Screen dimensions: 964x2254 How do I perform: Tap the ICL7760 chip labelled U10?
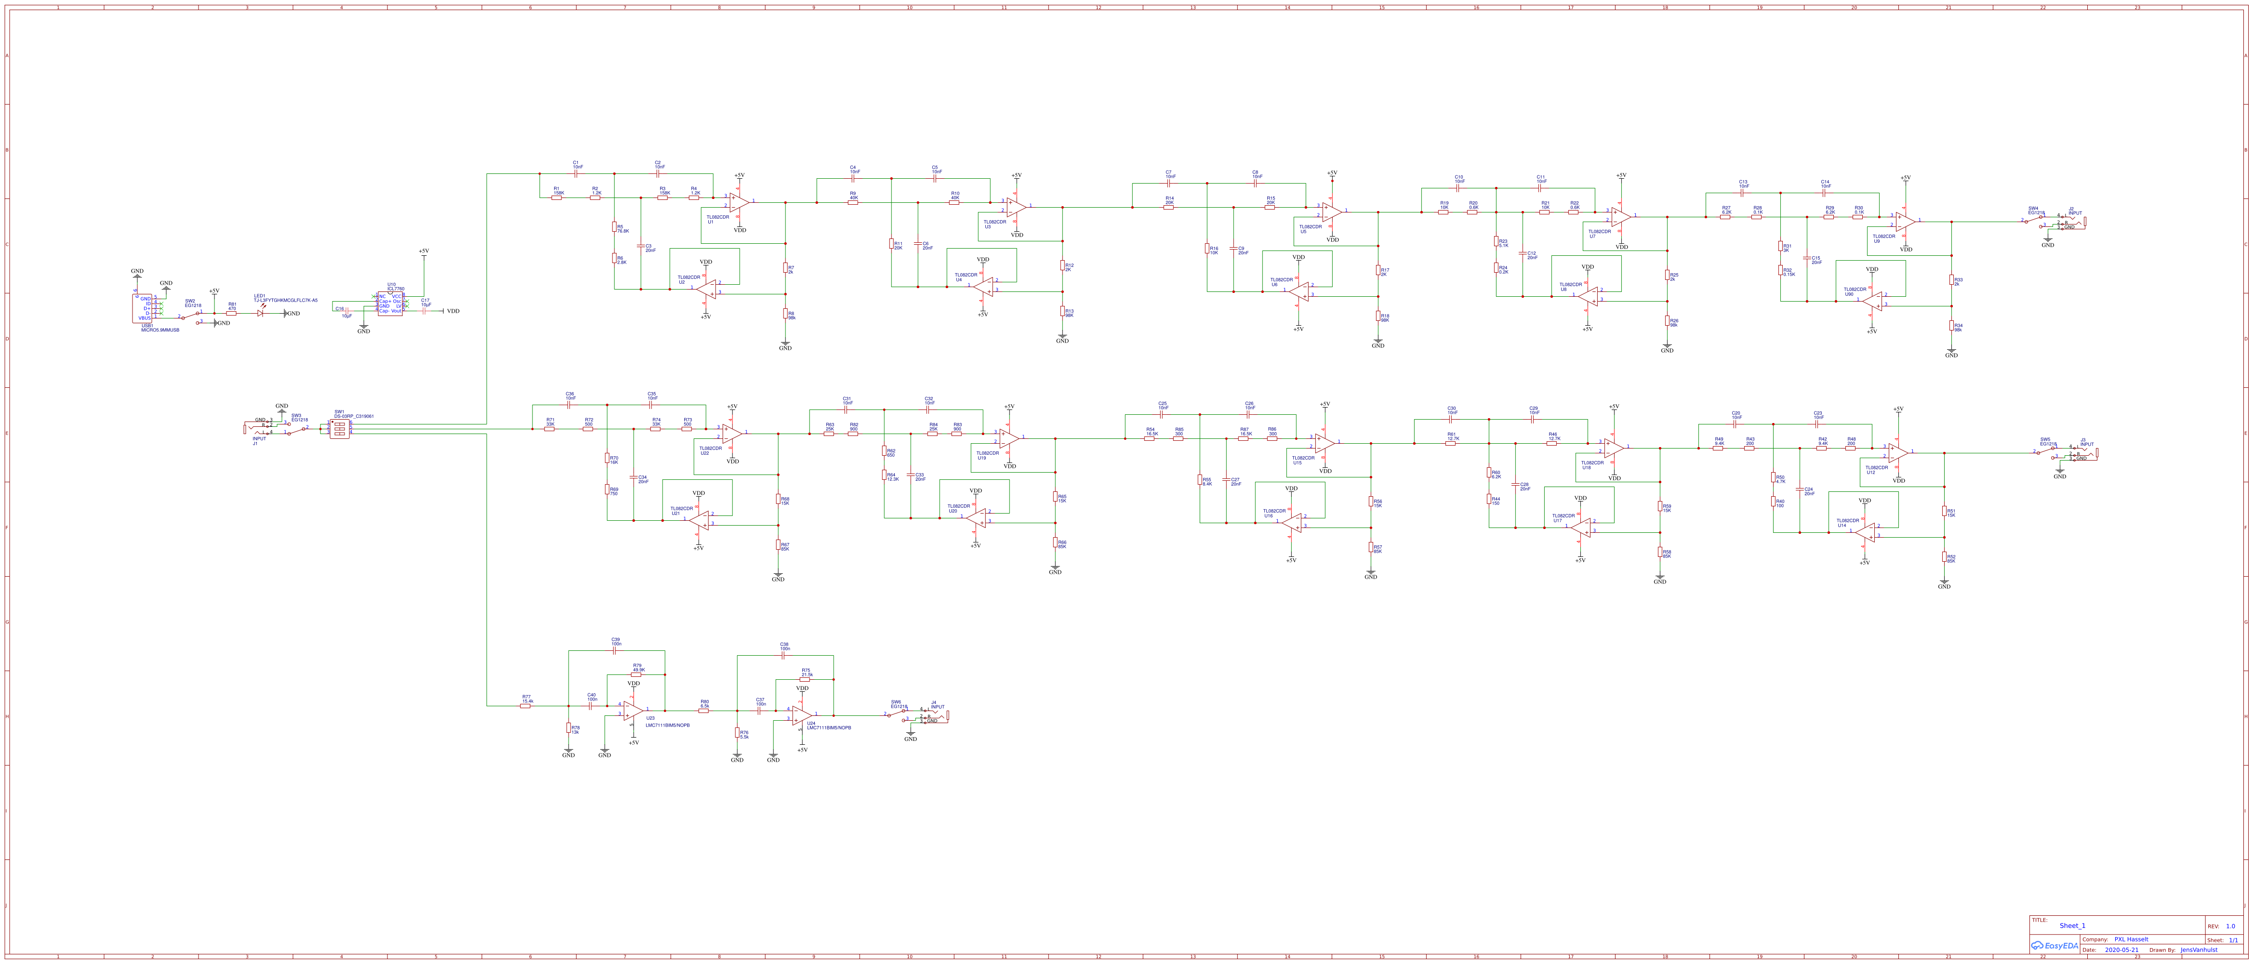[x=390, y=304]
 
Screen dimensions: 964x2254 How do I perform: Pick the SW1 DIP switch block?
[x=340, y=429]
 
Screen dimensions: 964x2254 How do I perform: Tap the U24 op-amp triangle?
[x=801, y=715]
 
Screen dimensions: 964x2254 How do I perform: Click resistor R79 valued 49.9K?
[x=636, y=674]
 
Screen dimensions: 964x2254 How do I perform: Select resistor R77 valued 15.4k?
[x=525, y=706]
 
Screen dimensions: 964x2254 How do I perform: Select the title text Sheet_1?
[x=2072, y=925]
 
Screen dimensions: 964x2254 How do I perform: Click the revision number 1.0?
[x=2230, y=925]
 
